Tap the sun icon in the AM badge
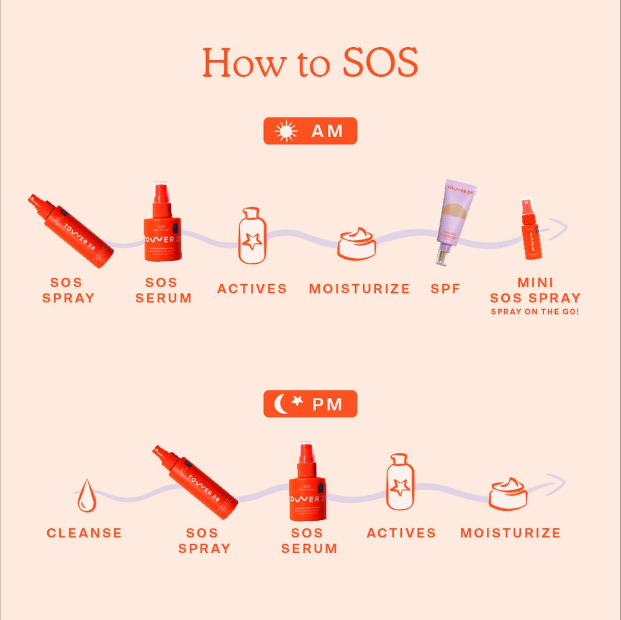tap(286, 131)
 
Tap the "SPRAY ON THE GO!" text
tap(535, 312)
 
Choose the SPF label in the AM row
tap(445, 289)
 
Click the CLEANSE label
tap(84, 533)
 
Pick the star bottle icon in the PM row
tap(399, 482)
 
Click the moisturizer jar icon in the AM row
tap(357, 244)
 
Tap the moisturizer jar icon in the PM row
tap(508, 494)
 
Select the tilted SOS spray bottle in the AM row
tap(70, 231)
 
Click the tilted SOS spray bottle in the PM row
tap(195, 482)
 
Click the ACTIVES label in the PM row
tap(401, 533)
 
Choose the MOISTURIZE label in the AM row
tap(360, 289)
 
